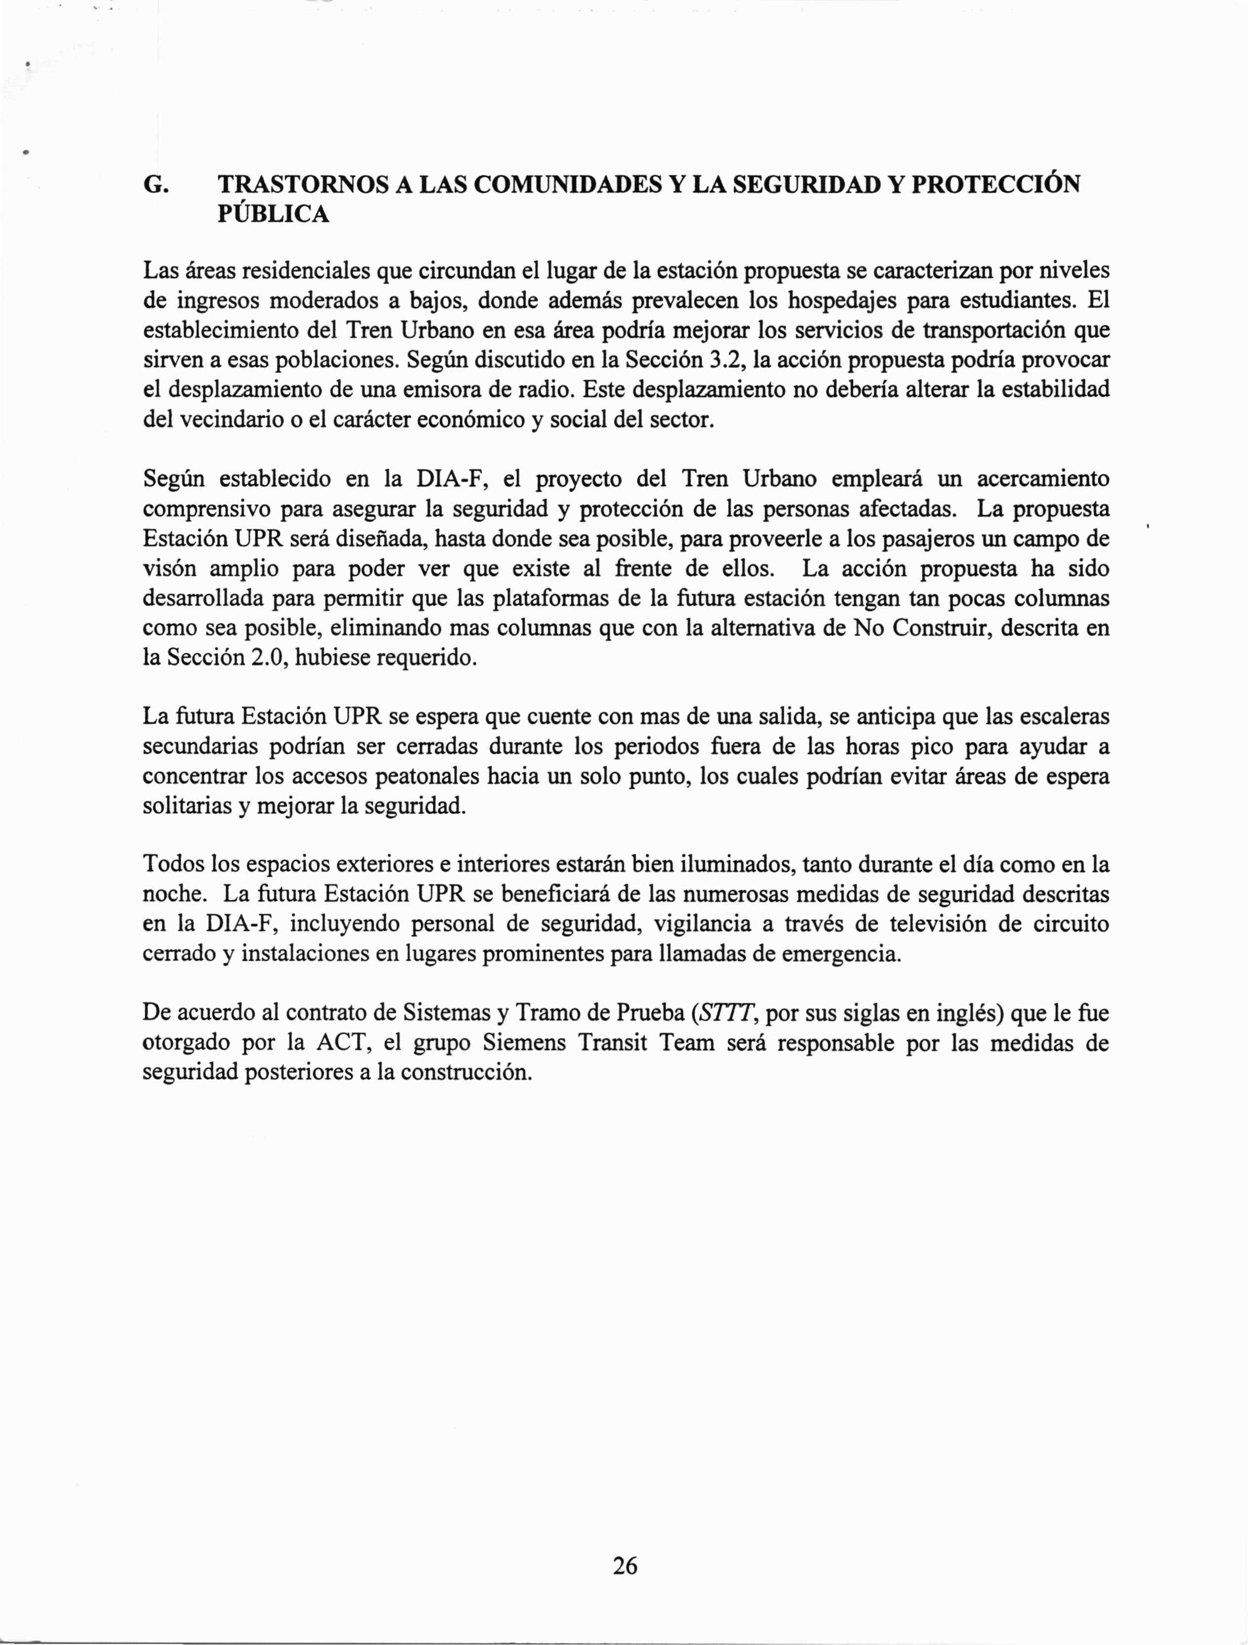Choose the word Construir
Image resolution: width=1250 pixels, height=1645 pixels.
click(940, 629)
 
